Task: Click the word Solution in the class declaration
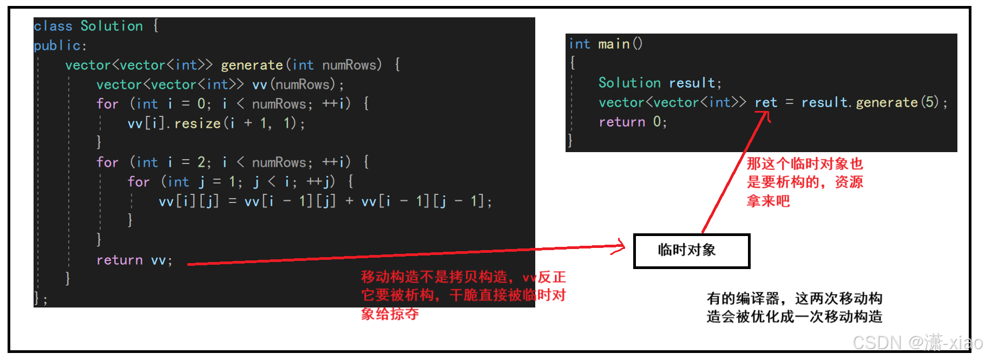[x=111, y=26]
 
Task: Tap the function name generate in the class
[x=252, y=65]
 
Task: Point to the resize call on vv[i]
[x=197, y=123]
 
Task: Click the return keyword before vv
[x=119, y=260]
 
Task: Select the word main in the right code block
[x=614, y=44]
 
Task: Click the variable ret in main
[x=766, y=102]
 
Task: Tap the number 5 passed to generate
[x=930, y=102]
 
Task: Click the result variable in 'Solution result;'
[x=692, y=83]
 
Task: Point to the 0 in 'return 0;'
[x=656, y=122]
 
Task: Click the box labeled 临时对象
[x=691, y=251]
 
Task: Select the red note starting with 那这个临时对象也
[x=804, y=182]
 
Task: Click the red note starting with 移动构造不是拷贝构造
[x=463, y=295]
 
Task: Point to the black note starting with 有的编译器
[x=794, y=307]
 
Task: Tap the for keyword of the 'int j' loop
[x=139, y=182]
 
